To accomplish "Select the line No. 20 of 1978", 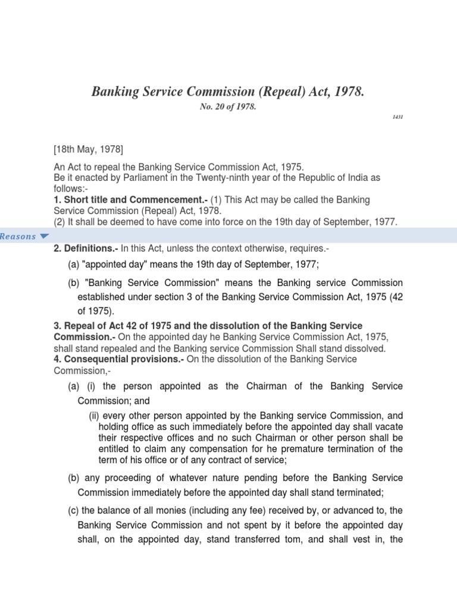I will (228, 108).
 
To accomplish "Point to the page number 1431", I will (397, 117).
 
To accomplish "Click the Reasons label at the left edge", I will (18, 237).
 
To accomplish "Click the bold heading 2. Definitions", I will (82, 249).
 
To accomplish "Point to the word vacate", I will (389, 427).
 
